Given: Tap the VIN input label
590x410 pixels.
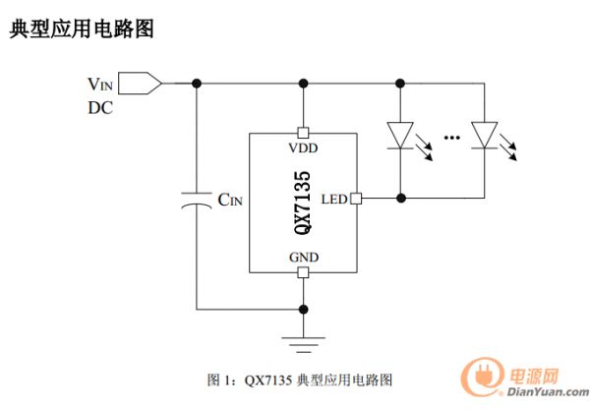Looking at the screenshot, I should coord(101,84).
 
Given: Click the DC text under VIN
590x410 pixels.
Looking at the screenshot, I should coord(100,107).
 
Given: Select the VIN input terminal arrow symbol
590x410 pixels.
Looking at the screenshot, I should coord(144,83).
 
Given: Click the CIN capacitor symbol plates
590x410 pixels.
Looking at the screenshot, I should coord(197,201).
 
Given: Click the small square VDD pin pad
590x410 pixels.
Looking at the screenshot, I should coord(303,132).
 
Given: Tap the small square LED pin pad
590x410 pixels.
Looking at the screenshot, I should coord(356,199).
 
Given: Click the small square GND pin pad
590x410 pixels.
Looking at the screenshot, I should coord(303,272).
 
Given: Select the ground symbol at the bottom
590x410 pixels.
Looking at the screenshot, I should coord(303,340).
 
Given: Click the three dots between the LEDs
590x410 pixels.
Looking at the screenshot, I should coord(452,138).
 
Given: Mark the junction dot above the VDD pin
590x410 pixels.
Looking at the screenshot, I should coord(303,83).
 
